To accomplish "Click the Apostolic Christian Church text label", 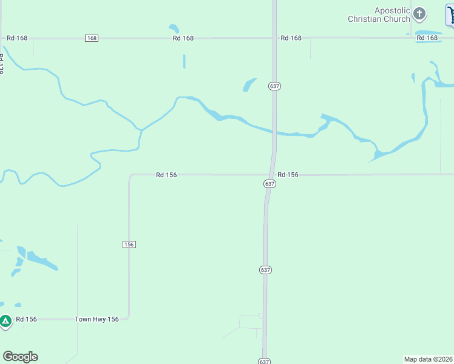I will pyautogui.click(x=379, y=15).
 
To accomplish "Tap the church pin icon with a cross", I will pyautogui.click(x=419, y=13).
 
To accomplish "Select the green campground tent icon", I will pyautogui.click(x=5, y=321).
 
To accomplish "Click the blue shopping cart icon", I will pyautogui.click(x=450, y=15).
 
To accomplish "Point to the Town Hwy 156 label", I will pyautogui.click(x=97, y=319).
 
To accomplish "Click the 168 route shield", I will pyautogui.click(x=92, y=38).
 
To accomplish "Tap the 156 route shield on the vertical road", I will pyautogui.click(x=129, y=244).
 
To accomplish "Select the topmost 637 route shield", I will pyautogui.click(x=274, y=86).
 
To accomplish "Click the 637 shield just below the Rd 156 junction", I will pyautogui.click(x=270, y=183).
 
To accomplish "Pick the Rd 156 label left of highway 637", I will pyautogui.click(x=166, y=175).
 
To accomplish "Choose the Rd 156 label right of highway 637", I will pyautogui.click(x=288, y=175).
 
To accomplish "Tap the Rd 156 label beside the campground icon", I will pyautogui.click(x=27, y=319).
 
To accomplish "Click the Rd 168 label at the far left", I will pyautogui.click(x=17, y=38).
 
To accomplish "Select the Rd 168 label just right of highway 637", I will pyautogui.click(x=291, y=38).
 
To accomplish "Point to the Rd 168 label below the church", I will pyautogui.click(x=427, y=38).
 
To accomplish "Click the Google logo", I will pyautogui.click(x=20, y=357).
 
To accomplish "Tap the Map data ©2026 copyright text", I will pyautogui.click(x=428, y=359).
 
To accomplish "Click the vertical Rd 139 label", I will pyautogui.click(x=2, y=64).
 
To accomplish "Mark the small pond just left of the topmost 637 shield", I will pyautogui.click(x=249, y=85).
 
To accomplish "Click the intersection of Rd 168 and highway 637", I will pyautogui.click(x=274, y=38).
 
